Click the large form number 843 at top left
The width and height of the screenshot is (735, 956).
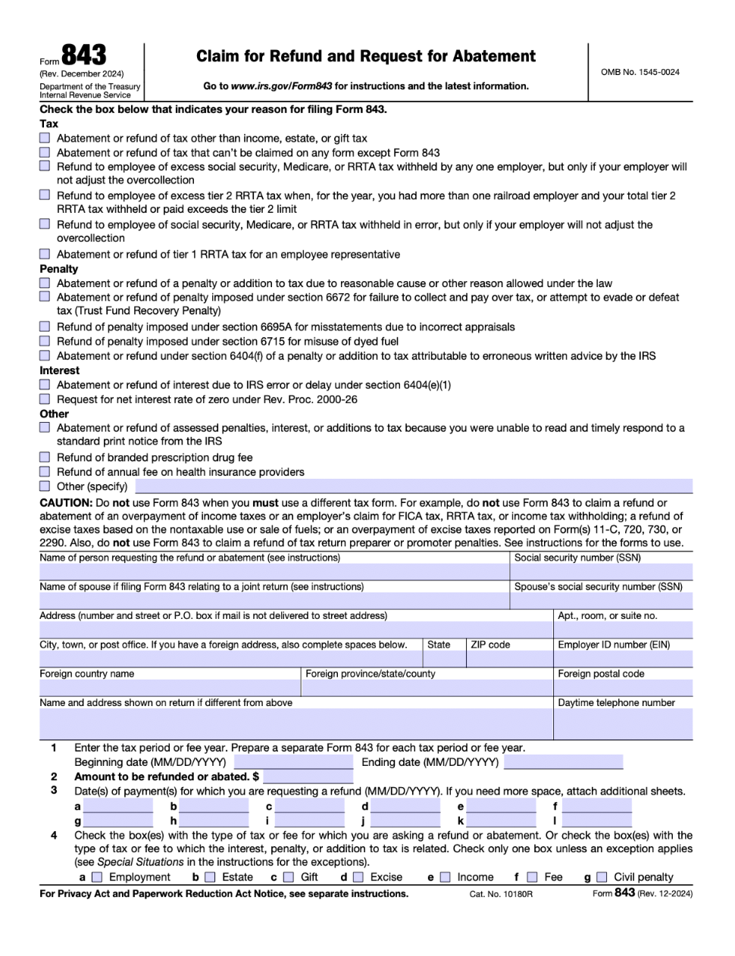tap(83, 55)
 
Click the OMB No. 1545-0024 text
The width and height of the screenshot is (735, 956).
tap(640, 72)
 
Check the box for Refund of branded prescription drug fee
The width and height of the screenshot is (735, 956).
tap(45, 458)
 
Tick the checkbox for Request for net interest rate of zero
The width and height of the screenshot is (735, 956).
tap(45, 399)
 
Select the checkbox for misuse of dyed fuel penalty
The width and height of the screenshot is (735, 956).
tap(45, 341)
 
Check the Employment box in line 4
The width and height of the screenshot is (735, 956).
tap(97, 877)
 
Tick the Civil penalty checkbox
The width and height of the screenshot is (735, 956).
tap(602, 877)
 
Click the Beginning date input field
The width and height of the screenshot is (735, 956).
tap(293, 762)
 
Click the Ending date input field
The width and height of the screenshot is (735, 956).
tap(563, 762)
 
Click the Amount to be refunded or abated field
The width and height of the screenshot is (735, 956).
tap(308, 776)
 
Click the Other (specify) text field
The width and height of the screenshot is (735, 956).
tap(413, 486)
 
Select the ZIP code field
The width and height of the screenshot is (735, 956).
tap(509, 659)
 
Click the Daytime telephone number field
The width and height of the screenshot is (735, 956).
tap(623, 724)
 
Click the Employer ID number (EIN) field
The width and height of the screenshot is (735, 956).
tap(623, 659)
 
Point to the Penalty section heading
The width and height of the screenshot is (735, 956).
tap(58, 269)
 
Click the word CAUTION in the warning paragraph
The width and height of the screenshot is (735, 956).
tap(65, 503)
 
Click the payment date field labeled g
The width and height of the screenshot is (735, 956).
tap(118, 821)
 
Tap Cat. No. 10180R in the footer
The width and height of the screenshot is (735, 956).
tap(501, 894)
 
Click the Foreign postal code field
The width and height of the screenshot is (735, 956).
tap(623, 688)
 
